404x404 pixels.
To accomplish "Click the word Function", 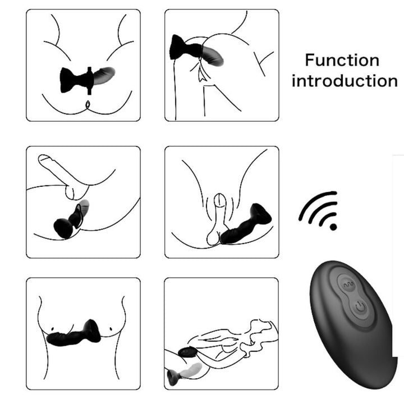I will [x=342, y=60].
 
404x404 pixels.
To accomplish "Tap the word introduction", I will [x=345, y=80].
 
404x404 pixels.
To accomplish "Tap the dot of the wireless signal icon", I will [x=334, y=227].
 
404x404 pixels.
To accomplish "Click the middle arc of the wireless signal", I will [x=322, y=211].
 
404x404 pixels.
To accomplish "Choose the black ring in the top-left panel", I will [x=89, y=79].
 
